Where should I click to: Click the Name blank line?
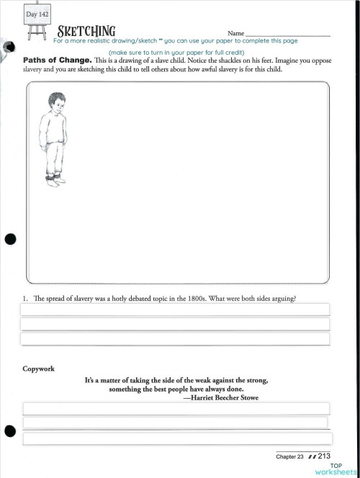288,35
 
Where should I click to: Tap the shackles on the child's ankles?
50,175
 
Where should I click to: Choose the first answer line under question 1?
175,310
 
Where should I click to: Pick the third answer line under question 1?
175,339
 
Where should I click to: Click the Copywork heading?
39,369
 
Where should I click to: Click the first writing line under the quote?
176,409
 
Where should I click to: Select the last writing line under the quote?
176,438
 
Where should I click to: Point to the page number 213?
323,456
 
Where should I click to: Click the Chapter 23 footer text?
290,456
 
